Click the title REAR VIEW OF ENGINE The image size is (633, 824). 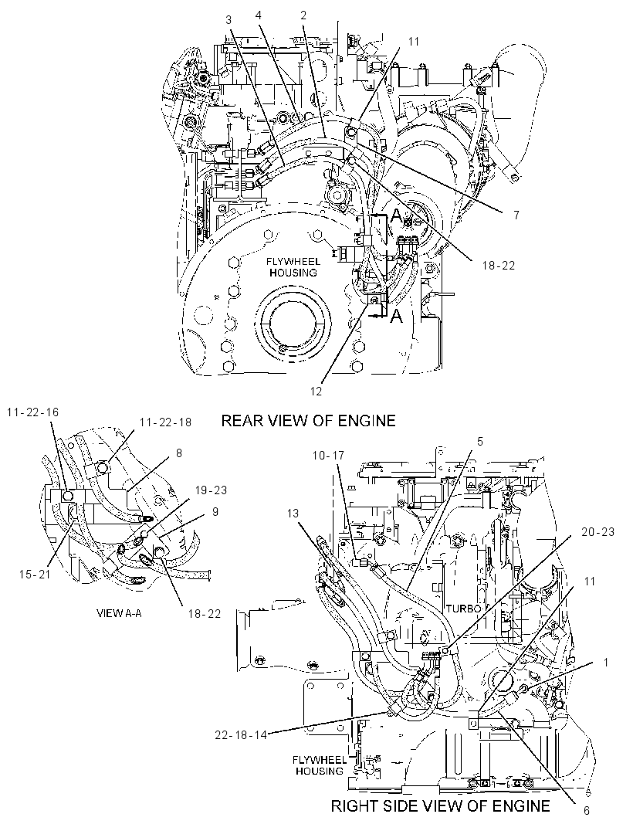coord(308,420)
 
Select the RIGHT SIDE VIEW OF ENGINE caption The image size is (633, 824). coord(440,805)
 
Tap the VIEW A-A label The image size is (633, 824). coord(119,613)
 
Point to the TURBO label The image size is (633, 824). coord(463,609)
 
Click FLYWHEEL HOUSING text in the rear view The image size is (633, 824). coord(293,267)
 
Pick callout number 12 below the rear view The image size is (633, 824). coord(316,392)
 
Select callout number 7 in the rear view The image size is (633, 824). coord(516,215)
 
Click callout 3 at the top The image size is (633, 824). coord(228,20)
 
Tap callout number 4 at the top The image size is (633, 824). coord(259,15)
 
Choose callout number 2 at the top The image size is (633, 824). coord(303,15)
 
